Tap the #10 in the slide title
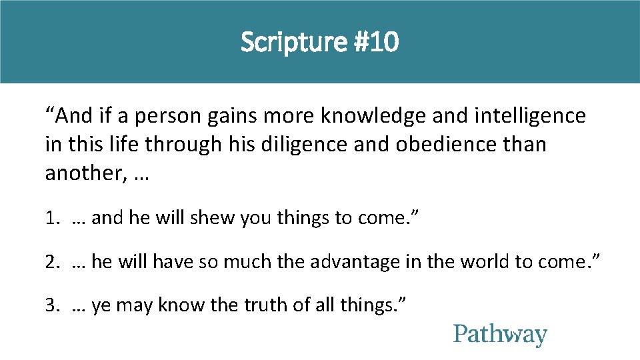(x=378, y=43)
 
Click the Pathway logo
(x=500, y=335)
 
